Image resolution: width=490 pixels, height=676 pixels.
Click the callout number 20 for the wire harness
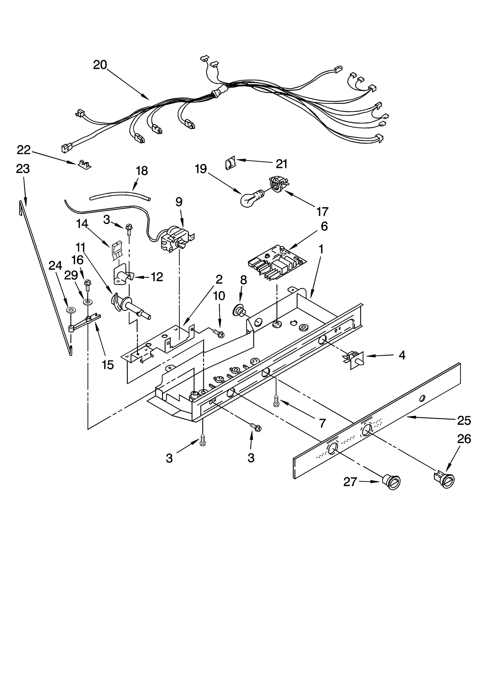(100, 65)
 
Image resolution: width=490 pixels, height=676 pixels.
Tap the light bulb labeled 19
(250, 200)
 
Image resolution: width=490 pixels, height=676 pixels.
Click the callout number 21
(281, 164)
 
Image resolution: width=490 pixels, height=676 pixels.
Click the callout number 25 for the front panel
(464, 420)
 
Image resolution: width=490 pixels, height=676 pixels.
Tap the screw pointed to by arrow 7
(276, 401)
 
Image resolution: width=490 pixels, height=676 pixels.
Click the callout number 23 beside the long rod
(23, 169)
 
